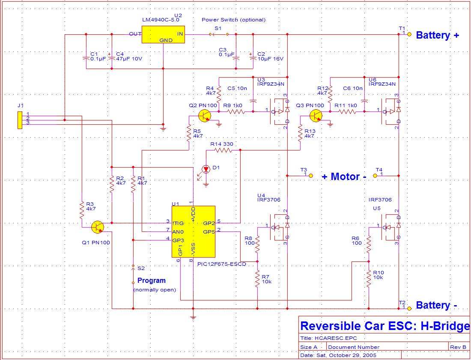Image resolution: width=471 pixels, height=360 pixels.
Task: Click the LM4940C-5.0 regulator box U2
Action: pyautogui.click(x=163, y=35)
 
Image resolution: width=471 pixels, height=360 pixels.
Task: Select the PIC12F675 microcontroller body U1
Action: pyautogui.click(x=194, y=231)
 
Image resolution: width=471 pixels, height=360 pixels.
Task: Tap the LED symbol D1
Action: pyautogui.click(x=206, y=169)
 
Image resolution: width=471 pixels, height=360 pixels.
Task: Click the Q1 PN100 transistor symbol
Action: pyautogui.click(x=97, y=227)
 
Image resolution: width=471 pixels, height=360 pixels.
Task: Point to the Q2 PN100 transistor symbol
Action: pyautogui.click(x=205, y=115)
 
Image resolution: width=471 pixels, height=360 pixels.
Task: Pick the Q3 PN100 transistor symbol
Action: pyautogui.click(x=316, y=115)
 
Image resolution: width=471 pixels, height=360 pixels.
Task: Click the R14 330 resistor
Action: pyautogui.click(x=223, y=150)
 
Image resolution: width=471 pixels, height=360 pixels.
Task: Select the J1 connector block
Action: pyautogui.click(x=20, y=120)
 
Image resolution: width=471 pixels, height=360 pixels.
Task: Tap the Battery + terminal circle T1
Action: pyautogui.click(x=409, y=34)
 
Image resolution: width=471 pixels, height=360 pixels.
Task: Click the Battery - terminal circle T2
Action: pyautogui.click(x=409, y=309)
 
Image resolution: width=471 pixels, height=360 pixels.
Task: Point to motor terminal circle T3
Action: pyautogui.click(x=311, y=175)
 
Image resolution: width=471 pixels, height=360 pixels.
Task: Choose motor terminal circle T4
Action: pyautogui.click(x=375, y=175)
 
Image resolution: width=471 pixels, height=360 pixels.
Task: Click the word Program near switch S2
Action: pyautogui.click(x=152, y=281)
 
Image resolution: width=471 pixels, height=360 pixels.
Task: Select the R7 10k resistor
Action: pyautogui.click(x=257, y=279)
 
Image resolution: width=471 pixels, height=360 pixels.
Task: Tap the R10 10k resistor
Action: pyautogui.click(x=369, y=279)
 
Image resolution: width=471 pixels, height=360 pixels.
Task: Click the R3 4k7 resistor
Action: pyautogui.click(x=82, y=210)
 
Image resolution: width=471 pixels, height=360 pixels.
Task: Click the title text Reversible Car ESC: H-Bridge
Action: pyautogui.click(x=385, y=326)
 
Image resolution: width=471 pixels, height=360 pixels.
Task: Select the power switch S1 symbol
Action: pyautogui.click(x=218, y=34)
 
